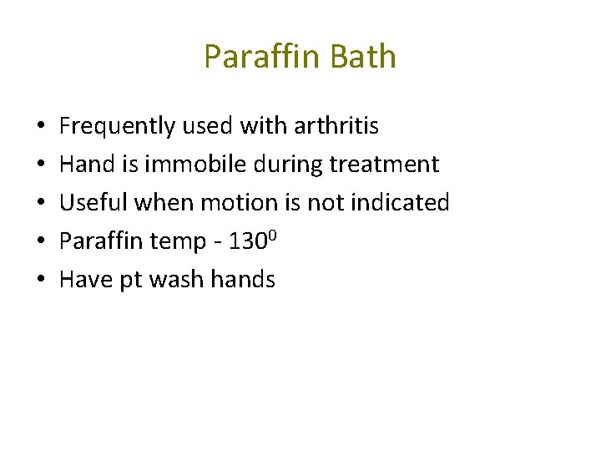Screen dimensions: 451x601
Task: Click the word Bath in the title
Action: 363,57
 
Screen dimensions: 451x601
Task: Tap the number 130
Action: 247,241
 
